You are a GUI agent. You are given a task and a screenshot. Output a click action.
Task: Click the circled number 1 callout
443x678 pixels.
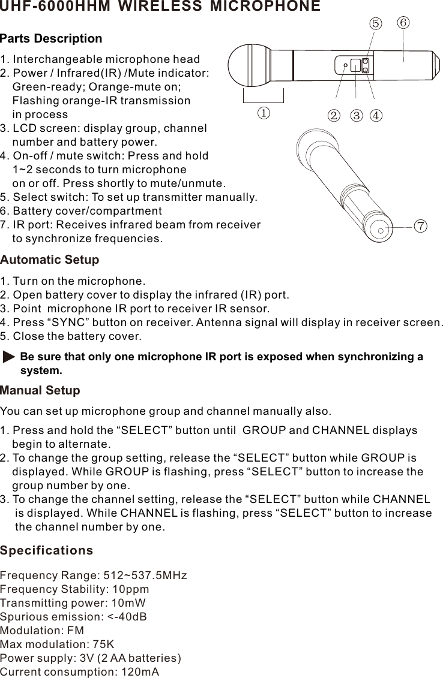pos(264,113)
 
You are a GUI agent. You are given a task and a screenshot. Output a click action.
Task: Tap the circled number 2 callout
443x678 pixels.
pos(333,115)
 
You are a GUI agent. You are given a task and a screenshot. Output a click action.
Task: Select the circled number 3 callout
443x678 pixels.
pos(357,115)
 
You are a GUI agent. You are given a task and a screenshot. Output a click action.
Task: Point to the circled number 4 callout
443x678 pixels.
pos(376,115)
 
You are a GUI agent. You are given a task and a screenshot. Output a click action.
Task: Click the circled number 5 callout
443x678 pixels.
pos(375,23)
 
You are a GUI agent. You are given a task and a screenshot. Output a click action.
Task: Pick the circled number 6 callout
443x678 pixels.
pos(403,22)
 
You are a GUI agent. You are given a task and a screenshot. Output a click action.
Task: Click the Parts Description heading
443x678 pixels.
pos(51,39)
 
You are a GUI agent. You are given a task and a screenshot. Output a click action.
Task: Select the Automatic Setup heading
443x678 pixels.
pos(50,260)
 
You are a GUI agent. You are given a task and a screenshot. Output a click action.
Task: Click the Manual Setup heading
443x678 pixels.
pos(40,391)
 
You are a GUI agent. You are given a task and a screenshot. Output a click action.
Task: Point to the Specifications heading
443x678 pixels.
pos(47,550)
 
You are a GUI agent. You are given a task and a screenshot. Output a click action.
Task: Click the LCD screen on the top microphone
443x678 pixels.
pos(355,65)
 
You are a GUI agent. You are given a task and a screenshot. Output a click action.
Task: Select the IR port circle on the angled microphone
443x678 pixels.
pos(381,228)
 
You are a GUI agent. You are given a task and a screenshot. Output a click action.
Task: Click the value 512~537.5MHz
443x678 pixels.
pos(145,575)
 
